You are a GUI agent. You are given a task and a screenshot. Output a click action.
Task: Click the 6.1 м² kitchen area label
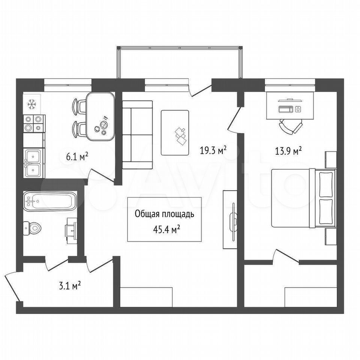[77, 157]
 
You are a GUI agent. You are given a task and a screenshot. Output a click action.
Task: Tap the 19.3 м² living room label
[213, 151]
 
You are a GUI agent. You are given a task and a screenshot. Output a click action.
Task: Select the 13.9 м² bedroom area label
[288, 151]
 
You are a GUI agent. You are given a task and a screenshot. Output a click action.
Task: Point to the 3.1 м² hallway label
[70, 286]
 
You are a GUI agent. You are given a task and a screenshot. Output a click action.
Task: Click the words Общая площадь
[164, 214]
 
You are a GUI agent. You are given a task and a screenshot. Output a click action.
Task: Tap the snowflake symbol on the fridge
[31, 104]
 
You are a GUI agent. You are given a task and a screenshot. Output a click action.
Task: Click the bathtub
[50, 201]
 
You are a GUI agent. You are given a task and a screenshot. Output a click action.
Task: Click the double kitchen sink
[33, 163]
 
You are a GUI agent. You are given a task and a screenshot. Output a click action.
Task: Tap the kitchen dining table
[100, 116]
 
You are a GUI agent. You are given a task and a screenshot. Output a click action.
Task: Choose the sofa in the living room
[137, 135]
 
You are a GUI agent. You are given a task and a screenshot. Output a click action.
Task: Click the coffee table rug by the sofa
[175, 133]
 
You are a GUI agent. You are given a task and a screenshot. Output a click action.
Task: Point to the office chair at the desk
[290, 126]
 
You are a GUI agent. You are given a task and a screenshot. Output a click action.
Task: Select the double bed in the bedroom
[303, 198]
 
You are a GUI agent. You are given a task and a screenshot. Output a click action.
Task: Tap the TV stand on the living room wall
[230, 219]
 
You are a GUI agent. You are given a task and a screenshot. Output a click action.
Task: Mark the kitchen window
[68, 85]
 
